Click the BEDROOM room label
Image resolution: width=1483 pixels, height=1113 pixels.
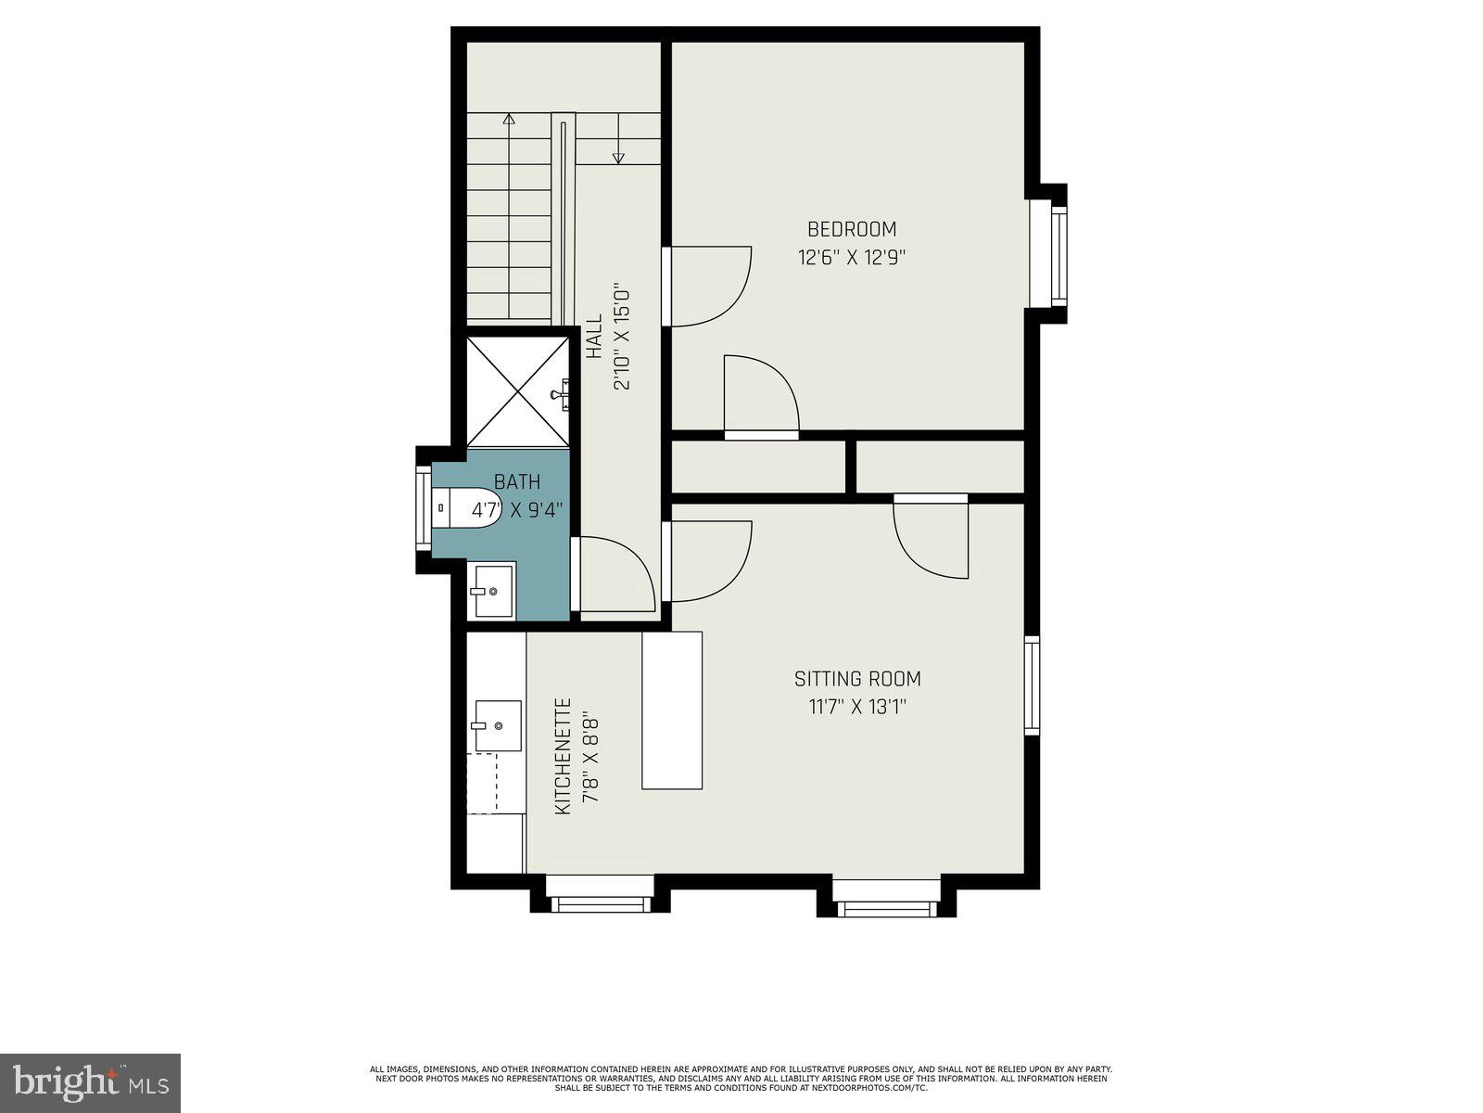852,229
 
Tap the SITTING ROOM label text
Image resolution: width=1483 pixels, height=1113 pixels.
857,679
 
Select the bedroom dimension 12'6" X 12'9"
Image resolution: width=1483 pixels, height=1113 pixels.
852,258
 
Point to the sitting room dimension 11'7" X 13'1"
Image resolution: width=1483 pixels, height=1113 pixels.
857,708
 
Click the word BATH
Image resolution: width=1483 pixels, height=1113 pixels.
516,482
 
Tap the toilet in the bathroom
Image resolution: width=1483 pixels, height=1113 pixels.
468,507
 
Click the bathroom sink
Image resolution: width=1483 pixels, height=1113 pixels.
491,590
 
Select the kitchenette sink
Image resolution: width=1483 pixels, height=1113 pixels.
498,725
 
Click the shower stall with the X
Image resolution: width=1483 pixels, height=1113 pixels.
517,391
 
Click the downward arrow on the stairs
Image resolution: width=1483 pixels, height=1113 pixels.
618,159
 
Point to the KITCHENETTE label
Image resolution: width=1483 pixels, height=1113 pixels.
563,757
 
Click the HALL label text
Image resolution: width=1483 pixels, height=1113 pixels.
594,337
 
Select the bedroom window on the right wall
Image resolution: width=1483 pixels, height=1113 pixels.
1058,257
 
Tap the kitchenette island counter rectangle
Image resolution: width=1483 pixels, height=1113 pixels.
672,710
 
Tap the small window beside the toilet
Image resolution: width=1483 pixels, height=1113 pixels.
423,508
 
